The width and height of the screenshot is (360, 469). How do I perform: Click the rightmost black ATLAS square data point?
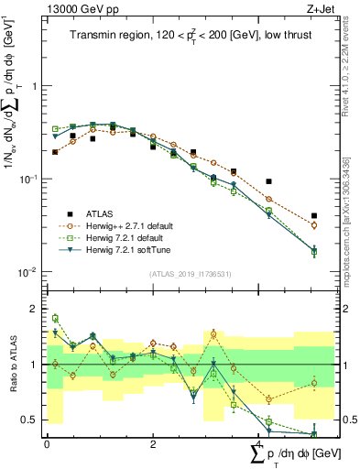pyautogui.click(x=314, y=216)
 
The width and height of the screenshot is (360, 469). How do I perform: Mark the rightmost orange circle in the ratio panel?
pyautogui.click(x=314, y=384)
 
